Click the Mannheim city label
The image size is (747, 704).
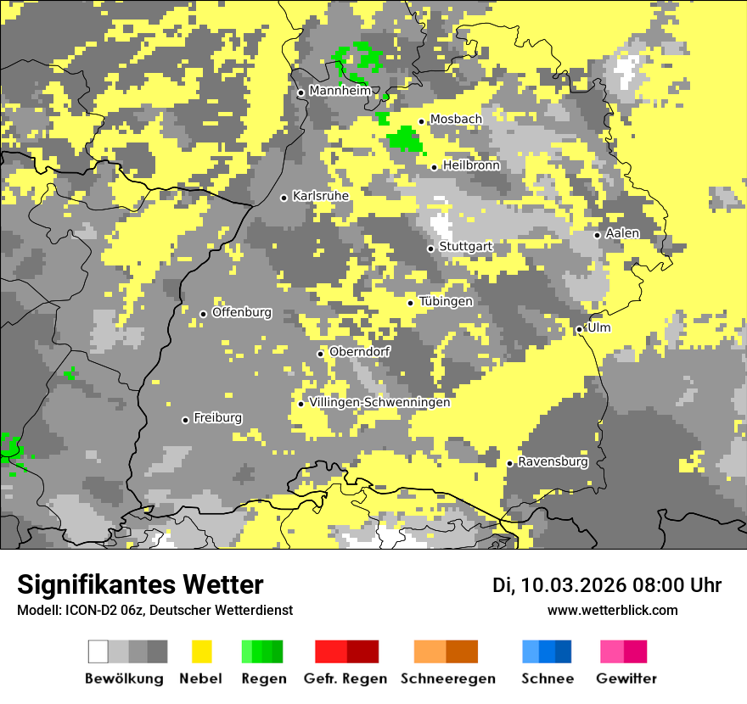tap(340, 91)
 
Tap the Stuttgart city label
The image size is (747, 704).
tap(465, 247)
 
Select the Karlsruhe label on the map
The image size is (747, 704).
tap(320, 196)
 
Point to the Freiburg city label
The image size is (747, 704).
tap(217, 418)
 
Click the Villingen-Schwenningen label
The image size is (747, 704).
tap(379, 402)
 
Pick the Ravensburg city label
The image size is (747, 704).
tap(553, 462)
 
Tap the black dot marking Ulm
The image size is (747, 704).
tap(580, 329)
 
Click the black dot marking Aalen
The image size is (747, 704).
tap(598, 235)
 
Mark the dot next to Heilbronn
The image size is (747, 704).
tap(434, 167)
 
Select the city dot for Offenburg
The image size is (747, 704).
tap(203, 314)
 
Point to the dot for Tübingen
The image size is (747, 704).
tap(411, 303)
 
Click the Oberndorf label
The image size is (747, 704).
tap(359, 352)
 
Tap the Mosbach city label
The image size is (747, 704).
tap(456, 120)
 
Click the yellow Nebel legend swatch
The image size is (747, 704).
tap(201, 651)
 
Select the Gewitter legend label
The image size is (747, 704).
tap(626, 679)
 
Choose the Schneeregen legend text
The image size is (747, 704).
tap(447, 679)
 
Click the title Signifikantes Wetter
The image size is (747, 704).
tap(140, 585)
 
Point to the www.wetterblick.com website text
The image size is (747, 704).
tap(612, 611)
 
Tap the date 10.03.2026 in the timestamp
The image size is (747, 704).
tap(573, 585)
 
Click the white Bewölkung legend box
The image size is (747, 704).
tap(98, 651)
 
